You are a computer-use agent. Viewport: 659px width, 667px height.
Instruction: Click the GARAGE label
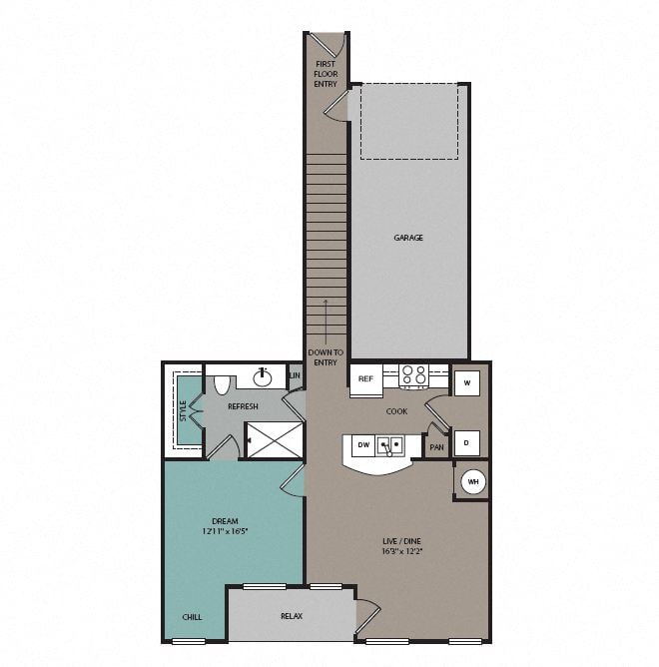coord(407,238)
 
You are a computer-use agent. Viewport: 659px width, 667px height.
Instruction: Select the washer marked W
coord(467,382)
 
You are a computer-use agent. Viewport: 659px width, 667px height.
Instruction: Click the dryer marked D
coord(467,442)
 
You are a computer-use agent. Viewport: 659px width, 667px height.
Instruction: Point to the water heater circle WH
coord(472,482)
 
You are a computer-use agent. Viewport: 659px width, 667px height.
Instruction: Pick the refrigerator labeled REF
coord(365,379)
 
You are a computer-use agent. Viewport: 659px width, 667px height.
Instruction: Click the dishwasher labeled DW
coord(363,445)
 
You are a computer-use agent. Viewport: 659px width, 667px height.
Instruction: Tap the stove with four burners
coord(413,376)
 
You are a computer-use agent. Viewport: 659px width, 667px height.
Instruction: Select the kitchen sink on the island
coord(391,446)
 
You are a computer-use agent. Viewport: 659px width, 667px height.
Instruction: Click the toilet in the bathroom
coord(222,382)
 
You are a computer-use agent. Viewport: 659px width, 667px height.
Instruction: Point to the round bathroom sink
coord(264,376)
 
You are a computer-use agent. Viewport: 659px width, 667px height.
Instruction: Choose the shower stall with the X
coord(275,439)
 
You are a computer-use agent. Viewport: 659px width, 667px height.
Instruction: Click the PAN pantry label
coord(436,447)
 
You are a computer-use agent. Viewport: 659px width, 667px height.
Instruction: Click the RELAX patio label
coord(291,616)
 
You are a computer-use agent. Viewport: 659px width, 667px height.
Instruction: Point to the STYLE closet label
coord(183,409)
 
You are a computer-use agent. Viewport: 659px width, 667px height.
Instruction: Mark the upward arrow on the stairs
coord(325,320)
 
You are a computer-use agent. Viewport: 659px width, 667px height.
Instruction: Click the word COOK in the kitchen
coord(397,411)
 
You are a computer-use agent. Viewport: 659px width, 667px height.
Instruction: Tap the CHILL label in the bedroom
coord(192,617)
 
